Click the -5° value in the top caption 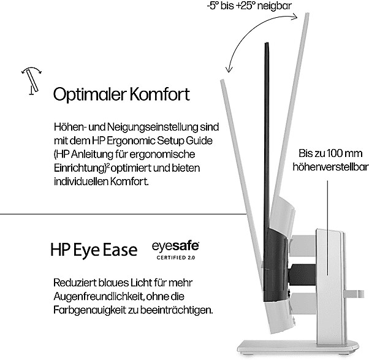(x=213, y=6)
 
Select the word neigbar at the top (x=275, y=6)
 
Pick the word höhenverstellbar (x=328, y=166)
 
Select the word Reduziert (x=76, y=283)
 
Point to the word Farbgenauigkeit (x=89, y=310)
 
